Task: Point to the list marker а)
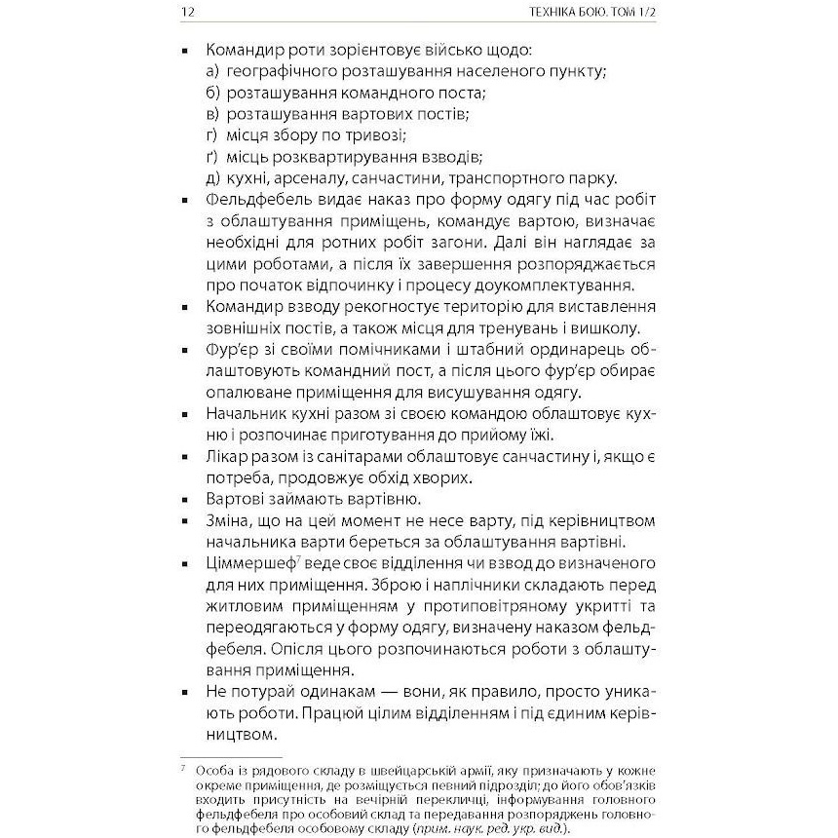(213, 71)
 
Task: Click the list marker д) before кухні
(213, 178)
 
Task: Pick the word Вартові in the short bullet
(239, 500)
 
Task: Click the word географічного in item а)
(280, 71)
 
